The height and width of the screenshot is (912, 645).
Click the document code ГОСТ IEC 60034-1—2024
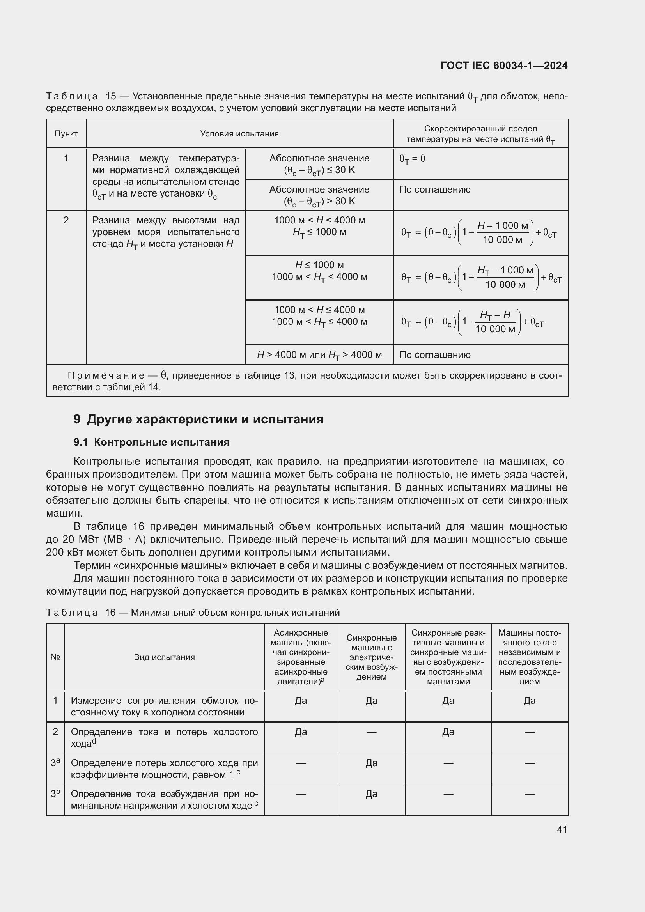[503, 66]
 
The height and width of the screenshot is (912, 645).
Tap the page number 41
[562, 829]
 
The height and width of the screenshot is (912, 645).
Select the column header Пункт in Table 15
[66, 133]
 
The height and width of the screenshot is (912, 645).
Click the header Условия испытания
[239, 133]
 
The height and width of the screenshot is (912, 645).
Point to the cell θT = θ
[412, 159]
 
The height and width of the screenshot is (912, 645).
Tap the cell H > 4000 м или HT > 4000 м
[319, 355]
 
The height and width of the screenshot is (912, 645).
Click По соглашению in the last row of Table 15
[434, 355]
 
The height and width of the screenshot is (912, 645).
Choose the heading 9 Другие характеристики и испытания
[198, 419]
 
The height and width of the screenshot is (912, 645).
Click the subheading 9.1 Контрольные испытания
[151, 442]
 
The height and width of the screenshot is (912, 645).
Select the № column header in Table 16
[55, 657]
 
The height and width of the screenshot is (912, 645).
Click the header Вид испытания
[164, 657]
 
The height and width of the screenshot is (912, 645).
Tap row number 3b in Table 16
[55, 793]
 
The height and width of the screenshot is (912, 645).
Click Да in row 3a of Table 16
[371, 763]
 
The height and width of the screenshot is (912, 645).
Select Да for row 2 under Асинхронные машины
[301, 731]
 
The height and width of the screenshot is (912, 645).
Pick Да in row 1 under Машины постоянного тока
[530, 701]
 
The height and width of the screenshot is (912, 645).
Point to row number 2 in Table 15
[66, 220]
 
